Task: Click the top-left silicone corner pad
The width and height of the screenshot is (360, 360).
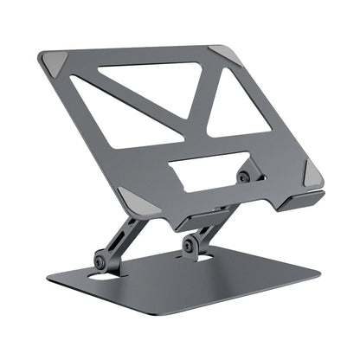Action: click(53, 62)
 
